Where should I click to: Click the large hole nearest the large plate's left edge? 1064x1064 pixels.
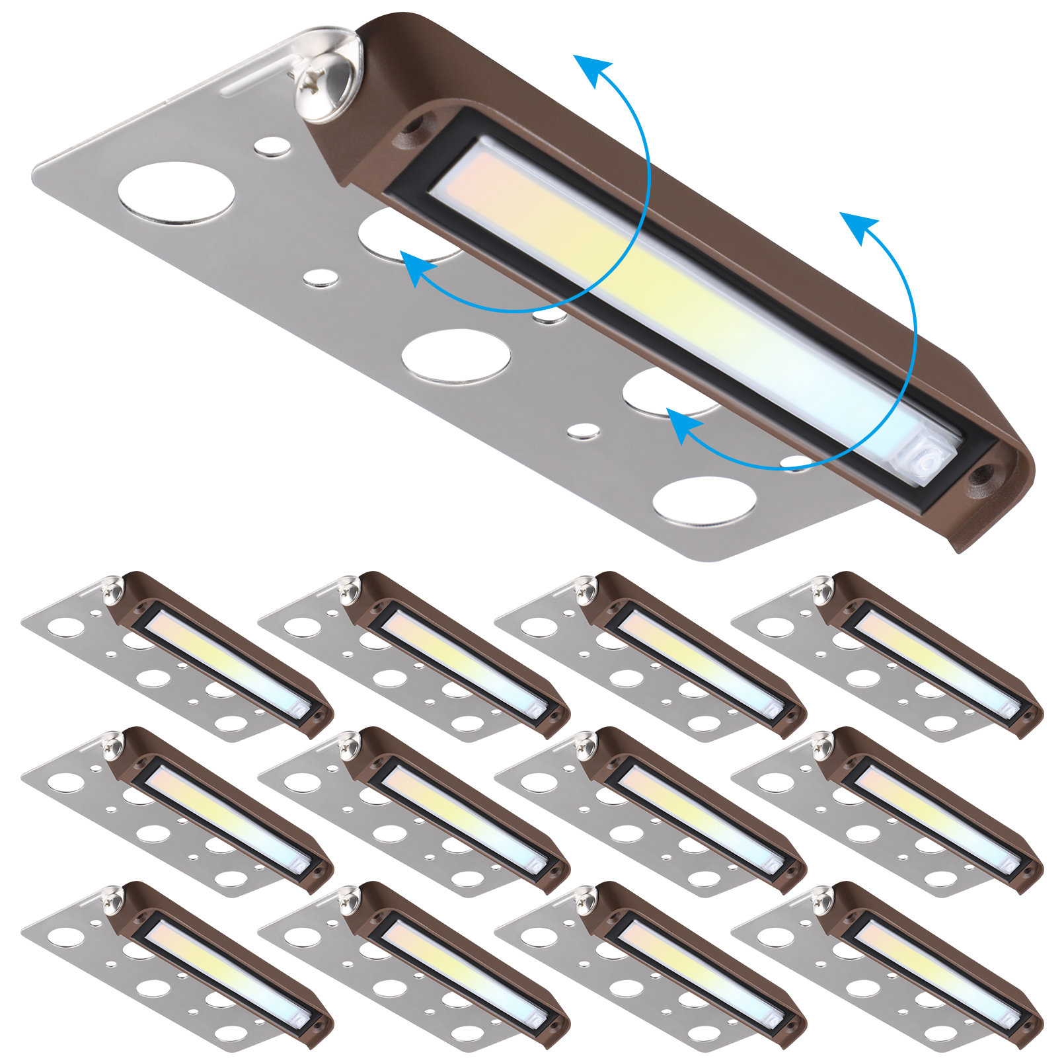pos(176,192)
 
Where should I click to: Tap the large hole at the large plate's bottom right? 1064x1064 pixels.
pos(704,501)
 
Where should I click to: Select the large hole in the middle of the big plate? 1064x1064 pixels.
pos(456,355)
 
